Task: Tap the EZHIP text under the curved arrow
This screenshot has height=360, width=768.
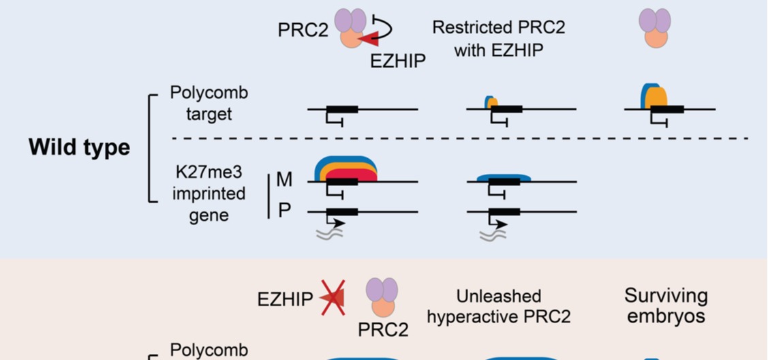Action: pos(398,61)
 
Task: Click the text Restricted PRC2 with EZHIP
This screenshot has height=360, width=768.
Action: pos(499,38)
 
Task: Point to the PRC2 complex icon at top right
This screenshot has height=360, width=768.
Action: pos(655,28)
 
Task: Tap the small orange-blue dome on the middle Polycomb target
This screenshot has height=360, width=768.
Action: pos(491,102)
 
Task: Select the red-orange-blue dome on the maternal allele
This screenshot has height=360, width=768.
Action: pos(345,168)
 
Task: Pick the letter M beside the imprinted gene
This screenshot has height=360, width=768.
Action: pos(284,181)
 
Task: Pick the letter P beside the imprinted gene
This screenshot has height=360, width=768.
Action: pos(284,210)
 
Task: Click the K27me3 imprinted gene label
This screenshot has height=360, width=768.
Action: pos(209,194)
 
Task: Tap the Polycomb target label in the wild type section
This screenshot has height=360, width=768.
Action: pos(209,104)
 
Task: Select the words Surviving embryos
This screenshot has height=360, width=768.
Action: pos(666,306)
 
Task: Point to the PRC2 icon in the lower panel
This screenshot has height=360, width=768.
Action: pos(383,300)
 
